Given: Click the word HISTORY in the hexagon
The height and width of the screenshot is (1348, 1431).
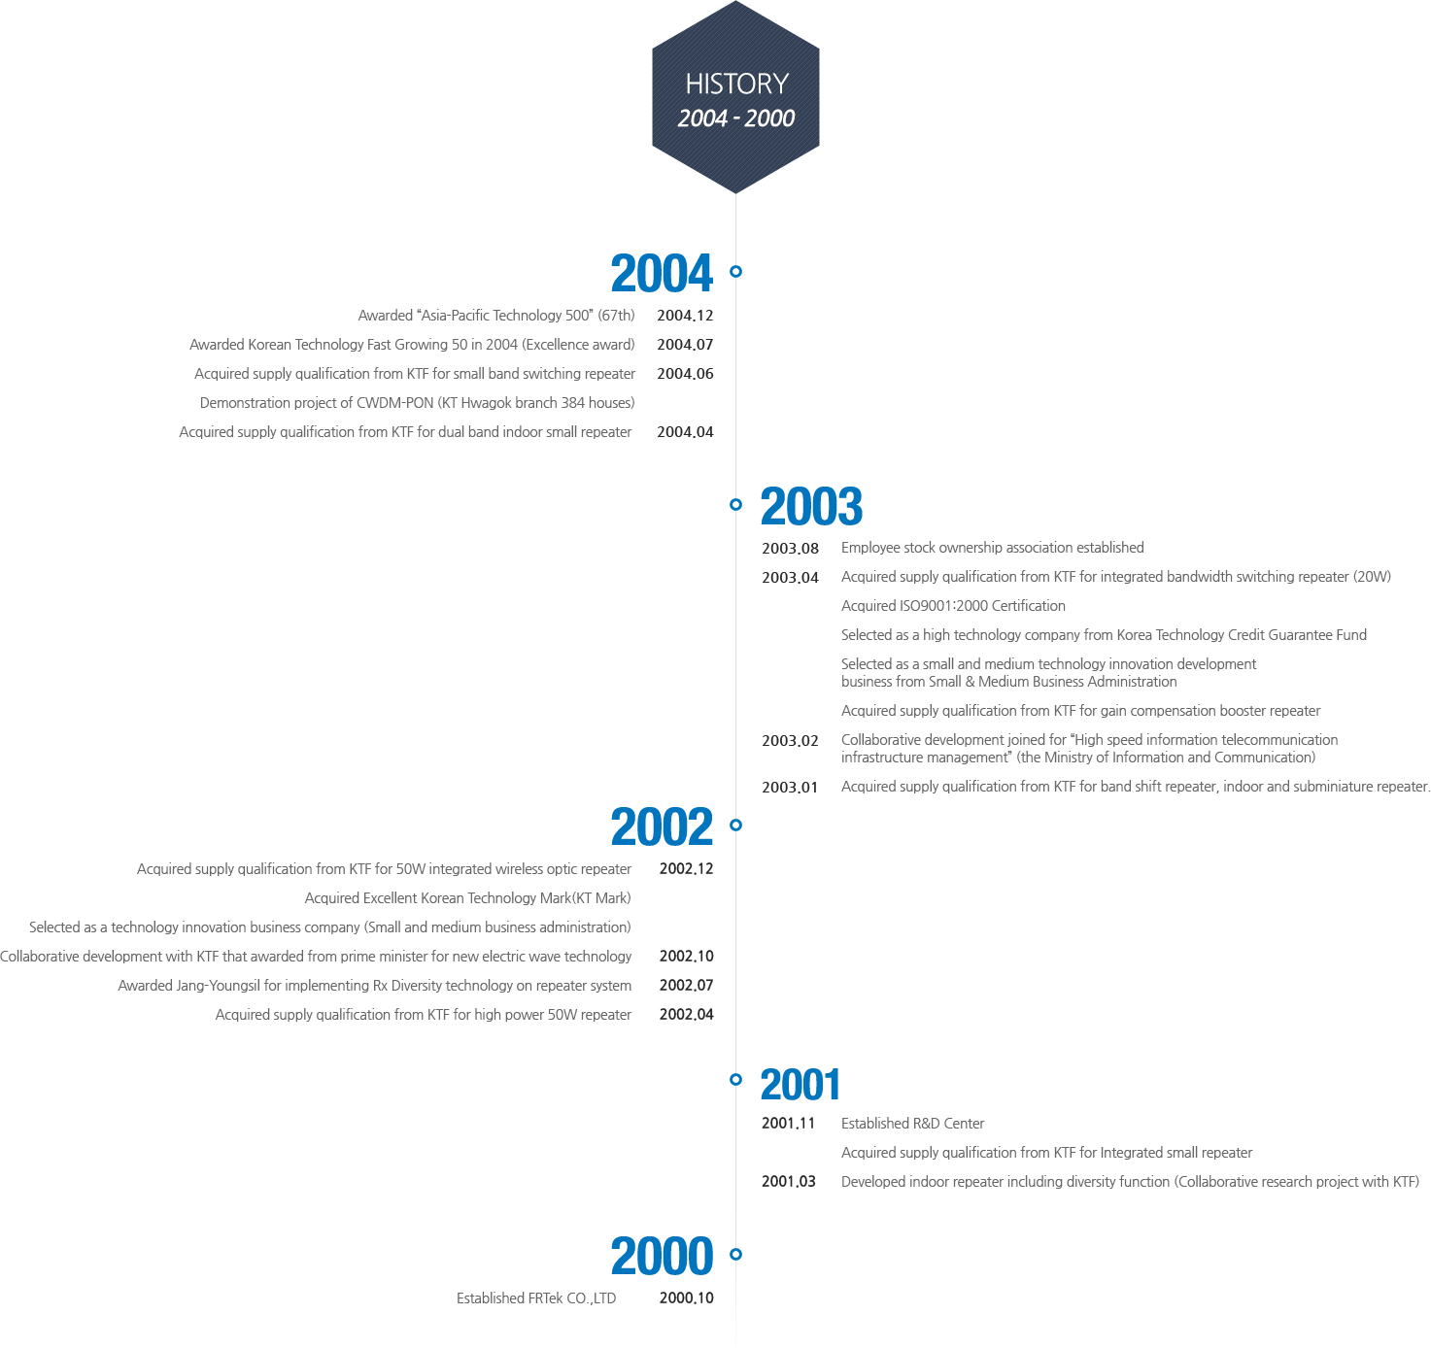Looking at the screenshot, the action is pos(736,84).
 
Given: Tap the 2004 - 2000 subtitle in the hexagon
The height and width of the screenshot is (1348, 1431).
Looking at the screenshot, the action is pos(735,118).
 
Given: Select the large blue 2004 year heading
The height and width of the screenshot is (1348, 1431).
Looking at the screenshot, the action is pos(662,274).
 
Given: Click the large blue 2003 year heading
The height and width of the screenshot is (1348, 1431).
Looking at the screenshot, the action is pos(811,507).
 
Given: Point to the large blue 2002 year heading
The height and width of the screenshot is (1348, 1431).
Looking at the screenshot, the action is pos(662,826).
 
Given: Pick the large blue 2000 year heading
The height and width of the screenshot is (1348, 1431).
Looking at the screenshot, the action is pos(662,1256).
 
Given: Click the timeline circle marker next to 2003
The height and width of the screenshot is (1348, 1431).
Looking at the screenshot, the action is pos(735,504).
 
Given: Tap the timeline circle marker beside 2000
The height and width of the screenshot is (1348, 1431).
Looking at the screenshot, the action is pos(735,1255).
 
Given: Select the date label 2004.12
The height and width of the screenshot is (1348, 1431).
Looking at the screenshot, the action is pos(685,316).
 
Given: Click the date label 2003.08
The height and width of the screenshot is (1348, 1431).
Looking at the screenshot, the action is pos(791,549).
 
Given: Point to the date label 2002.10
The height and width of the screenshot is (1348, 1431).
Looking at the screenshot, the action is pos(686,956).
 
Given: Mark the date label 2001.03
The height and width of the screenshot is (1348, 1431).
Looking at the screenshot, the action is pos(788,1182).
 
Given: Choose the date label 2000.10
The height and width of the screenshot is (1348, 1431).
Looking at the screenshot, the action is pos(686,1297).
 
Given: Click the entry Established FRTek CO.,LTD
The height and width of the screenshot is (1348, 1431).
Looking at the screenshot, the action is pos(536,1298).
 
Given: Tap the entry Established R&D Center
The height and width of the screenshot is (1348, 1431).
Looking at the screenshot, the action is pos(912,1124).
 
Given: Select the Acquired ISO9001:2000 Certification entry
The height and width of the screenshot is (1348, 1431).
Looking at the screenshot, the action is pos(953,606).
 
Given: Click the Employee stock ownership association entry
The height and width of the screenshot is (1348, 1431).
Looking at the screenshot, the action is pos(992,548).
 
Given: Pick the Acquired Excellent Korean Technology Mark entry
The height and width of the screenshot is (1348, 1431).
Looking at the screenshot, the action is pos(467,898).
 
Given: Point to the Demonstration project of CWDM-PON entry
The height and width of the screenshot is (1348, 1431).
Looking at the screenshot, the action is pos(417,403).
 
